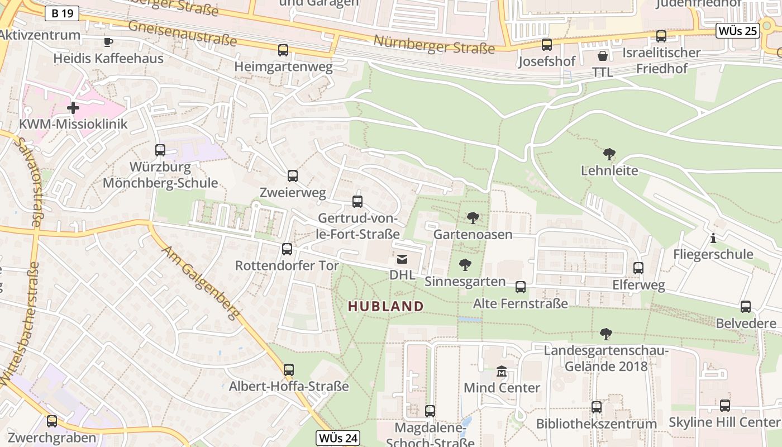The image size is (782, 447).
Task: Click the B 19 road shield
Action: [61, 13]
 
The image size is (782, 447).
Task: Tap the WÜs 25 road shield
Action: [738, 31]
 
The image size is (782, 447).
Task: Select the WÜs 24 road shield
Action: [337, 438]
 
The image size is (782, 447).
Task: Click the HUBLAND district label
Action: [385, 306]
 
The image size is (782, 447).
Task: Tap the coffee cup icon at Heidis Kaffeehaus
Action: [108, 42]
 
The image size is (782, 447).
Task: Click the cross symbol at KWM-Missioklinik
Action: [73, 107]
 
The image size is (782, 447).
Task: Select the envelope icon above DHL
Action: [402, 259]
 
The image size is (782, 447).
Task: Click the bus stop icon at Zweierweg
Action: [292, 177]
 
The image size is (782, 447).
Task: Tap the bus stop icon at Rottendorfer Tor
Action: [287, 249]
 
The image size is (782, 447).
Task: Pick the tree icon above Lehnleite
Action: [609, 154]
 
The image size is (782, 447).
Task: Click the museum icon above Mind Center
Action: [502, 372]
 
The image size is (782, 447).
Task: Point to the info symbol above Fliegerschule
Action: [713, 239]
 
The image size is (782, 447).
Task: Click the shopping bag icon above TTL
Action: [602, 56]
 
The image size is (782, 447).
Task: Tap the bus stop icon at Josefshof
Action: [546, 45]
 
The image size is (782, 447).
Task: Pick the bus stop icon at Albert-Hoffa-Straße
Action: [288, 370]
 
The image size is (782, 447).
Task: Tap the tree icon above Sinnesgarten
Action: [465, 265]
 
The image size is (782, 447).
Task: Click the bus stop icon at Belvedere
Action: [745, 307]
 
